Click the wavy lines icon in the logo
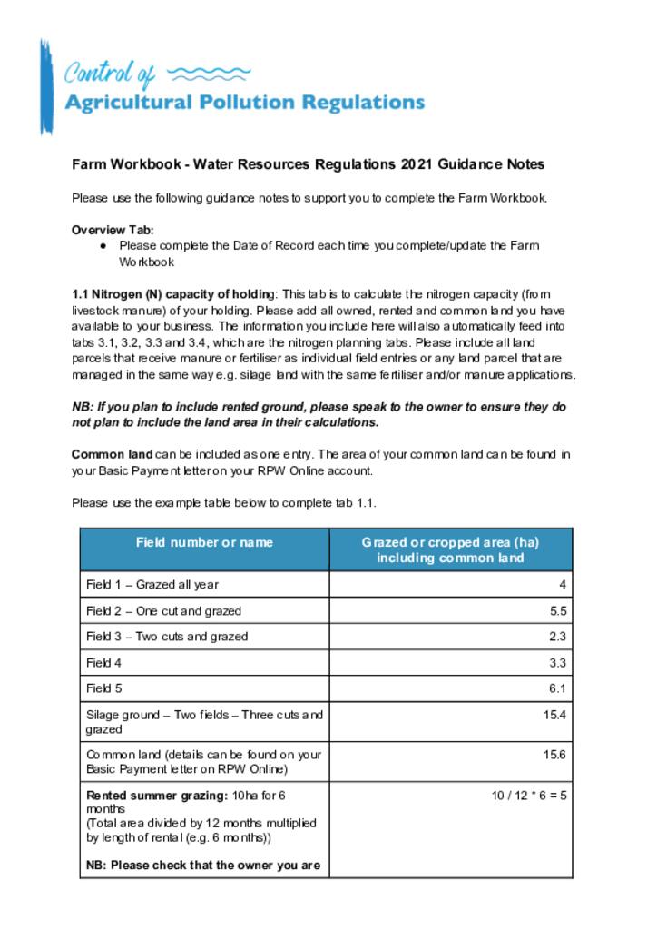pyautogui.click(x=209, y=73)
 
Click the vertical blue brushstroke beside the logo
pyautogui.click(x=45, y=87)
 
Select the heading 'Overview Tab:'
pyautogui.click(x=113, y=230)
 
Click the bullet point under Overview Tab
pyautogui.click(x=104, y=245)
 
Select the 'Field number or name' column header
pyautogui.click(x=204, y=542)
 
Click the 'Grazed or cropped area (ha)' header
pyautogui.click(x=450, y=542)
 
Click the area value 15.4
pyautogui.click(x=554, y=716)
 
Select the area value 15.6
pyautogui.click(x=554, y=755)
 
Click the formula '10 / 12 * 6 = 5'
pyautogui.click(x=529, y=796)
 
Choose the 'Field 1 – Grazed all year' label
pyautogui.click(x=152, y=585)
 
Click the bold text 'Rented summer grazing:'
pyautogui.click(x=150, y=796)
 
